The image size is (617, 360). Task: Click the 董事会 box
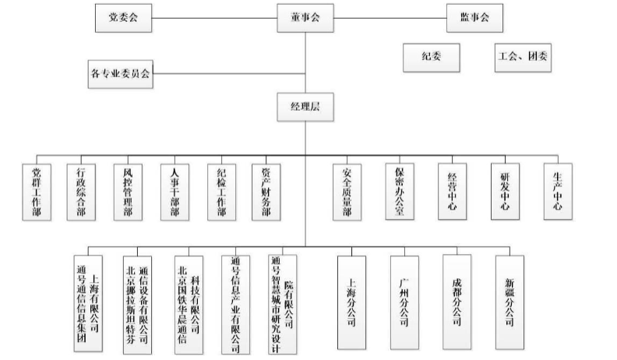(x=305, y=18)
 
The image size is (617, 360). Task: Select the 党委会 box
(x=124, y=18)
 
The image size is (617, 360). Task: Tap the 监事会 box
(x=474, y=18)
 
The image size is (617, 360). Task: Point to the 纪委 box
(x=432, y=58)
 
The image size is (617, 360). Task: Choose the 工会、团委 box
(x=523, y=58)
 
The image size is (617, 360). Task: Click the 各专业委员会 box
(x=121, y=74)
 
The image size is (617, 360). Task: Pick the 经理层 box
(x=305, y=107)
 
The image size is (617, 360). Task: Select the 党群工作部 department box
(x=37, y=192)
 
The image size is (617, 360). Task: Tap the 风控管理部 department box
(x=128, y=192)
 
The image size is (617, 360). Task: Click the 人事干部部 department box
(x=175, y=192)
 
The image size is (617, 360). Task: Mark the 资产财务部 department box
(x=266, y=192)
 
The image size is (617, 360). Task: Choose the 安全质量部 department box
(x=347, y=192)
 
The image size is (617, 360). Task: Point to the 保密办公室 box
(x=400, y=192)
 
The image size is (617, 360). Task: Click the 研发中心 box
(x=506, y=192)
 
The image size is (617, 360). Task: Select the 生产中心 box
(x=558, y=192)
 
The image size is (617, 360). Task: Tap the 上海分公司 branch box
(x=352, y=302)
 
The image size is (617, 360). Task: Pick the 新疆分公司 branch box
(x=510, y=302)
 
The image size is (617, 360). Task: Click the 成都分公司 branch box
(x=457, y=302)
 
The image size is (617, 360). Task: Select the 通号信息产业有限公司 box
(x=236, y=305)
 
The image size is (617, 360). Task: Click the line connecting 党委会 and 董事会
(x=214, y=18)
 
